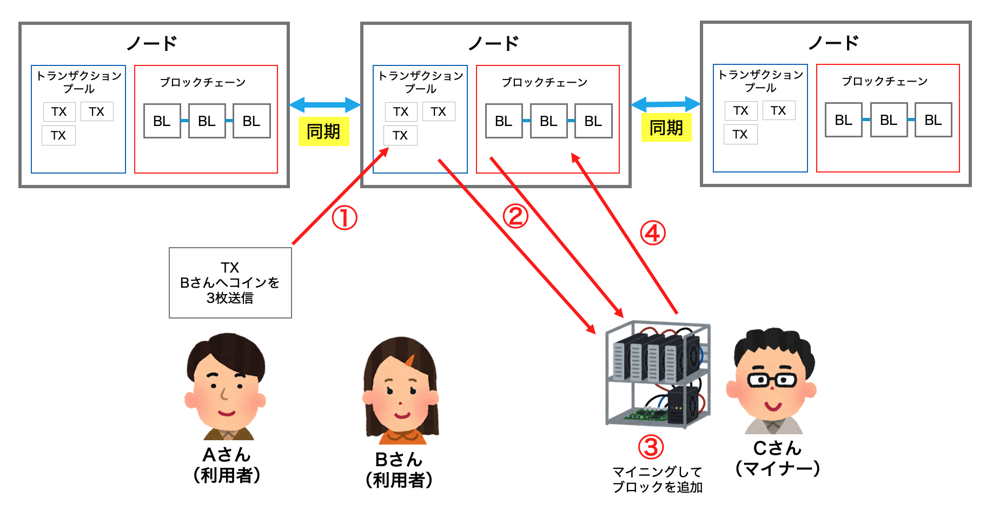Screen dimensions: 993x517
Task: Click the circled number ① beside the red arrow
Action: coord(345,218)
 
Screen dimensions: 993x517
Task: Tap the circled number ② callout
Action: coord(515,216)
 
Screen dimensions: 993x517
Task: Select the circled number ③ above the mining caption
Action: coord(651,447)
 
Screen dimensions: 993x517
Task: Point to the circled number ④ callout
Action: coord(653,233)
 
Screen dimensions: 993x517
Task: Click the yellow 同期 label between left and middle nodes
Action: coord(323,131)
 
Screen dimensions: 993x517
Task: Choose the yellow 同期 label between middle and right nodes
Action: coord(666,128)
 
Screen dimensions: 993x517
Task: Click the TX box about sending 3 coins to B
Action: coord(230,283)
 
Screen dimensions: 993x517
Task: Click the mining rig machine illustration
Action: coord(658,374)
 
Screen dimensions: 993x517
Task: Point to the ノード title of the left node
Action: coord(152,43)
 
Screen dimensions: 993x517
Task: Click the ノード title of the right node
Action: coord(833,42)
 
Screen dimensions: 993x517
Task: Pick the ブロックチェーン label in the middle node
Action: coord(544,82)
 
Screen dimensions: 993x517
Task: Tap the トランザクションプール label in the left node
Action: coord(79,82)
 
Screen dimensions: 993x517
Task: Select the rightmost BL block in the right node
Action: coord(933,120)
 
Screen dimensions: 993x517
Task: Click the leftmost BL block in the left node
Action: coord(162,121)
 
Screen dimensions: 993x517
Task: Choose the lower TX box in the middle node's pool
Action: coord(400,135)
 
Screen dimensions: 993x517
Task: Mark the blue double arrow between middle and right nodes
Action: coord(666,103)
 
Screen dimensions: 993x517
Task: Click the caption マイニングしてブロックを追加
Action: coord(658,480)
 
